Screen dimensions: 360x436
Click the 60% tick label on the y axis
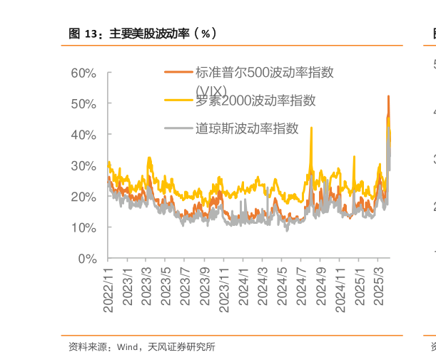84,73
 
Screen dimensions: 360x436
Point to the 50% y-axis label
84,104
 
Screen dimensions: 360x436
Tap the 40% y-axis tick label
84,135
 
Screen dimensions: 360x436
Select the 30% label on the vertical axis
84,165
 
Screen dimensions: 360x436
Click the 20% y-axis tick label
84,197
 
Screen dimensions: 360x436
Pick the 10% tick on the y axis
84,227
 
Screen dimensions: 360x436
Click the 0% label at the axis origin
88,259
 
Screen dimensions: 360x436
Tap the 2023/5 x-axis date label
166,287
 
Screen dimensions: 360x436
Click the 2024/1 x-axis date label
243,287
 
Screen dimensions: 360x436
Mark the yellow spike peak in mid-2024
311,128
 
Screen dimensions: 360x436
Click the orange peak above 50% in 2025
388,96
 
